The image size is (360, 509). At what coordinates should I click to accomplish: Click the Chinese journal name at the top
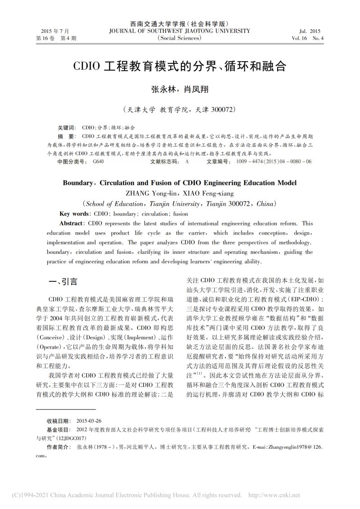coord(180,24)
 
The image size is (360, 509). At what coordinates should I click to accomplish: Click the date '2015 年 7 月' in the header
coord(55,31)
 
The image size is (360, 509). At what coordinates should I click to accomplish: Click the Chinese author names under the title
coord(180,89)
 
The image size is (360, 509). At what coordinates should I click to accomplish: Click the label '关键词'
coord(67,128)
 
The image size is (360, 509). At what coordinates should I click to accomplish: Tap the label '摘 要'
coord(67,136)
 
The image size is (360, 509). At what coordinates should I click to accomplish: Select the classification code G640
coord(99,161)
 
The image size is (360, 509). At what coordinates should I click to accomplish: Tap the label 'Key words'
coord(74,214)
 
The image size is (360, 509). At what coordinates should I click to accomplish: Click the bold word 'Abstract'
coord(72,223)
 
